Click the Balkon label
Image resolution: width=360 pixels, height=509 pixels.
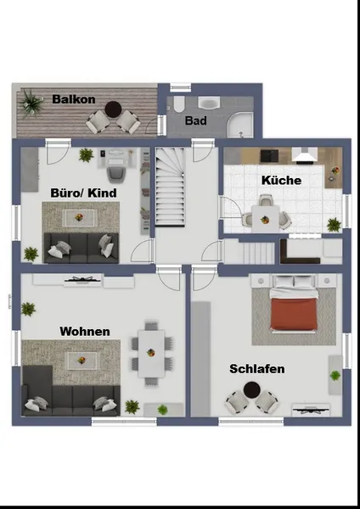(x=74, y=99)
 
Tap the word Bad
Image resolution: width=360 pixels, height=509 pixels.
(x=196, y=120)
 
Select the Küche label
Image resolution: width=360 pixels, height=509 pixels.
(x=281, y=180)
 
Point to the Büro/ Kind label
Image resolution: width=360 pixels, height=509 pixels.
(x=83, y=193)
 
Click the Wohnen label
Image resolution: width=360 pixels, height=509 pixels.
(x=85, y=332)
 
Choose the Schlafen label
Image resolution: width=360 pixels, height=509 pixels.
(x=257, y=369)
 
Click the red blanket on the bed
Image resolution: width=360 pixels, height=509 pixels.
(x=294, y=314)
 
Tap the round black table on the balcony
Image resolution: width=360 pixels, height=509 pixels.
(x=113, y=109)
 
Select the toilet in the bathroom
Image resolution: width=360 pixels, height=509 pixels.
(x=178, y=103)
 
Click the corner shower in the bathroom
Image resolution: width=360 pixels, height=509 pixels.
(x=240, y=125)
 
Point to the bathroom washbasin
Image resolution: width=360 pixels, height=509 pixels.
(x=209, y=103)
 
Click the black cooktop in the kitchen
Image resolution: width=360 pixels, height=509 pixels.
(x=270, y=156)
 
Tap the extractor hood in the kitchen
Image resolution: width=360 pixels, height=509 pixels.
(x=305, y=154)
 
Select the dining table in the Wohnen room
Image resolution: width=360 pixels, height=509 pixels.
(x=151, y=354)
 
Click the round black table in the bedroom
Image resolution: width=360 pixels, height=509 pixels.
(x=251, y=390)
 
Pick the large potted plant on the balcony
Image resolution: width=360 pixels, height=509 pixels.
(x=31, y=103)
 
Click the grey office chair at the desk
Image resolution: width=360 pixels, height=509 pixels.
(x=115, y=174)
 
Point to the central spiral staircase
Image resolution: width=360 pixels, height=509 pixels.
(x=171, y=187)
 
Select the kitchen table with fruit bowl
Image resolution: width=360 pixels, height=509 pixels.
(x=265, y=219)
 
